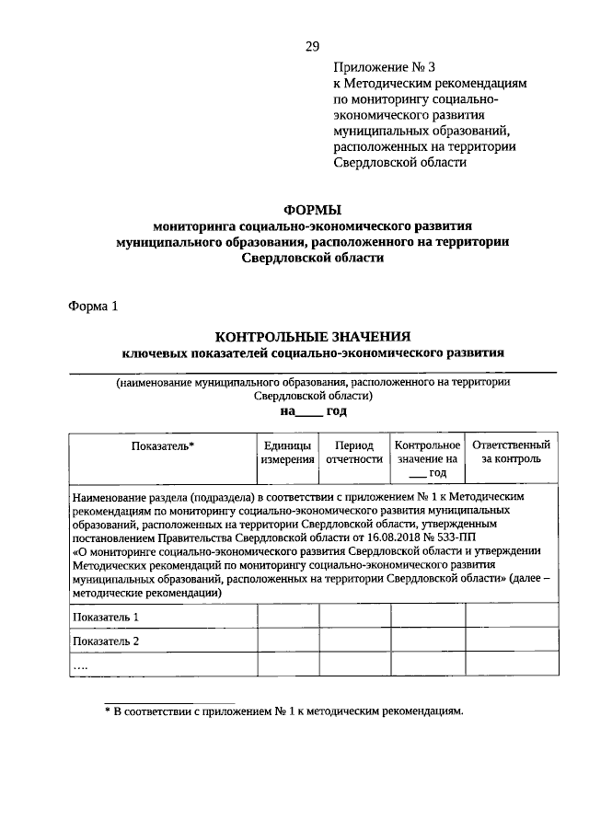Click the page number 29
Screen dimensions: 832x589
click(312, 47)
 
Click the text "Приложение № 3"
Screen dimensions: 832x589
click(378, 65)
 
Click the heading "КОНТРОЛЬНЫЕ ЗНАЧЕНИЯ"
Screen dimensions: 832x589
click(312, 336)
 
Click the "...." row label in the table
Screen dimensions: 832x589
click(82, 664)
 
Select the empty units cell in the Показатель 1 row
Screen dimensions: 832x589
click(287, 617)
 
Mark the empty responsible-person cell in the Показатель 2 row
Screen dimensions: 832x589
click(511, 641)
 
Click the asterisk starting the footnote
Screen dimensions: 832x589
click(106, 711)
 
